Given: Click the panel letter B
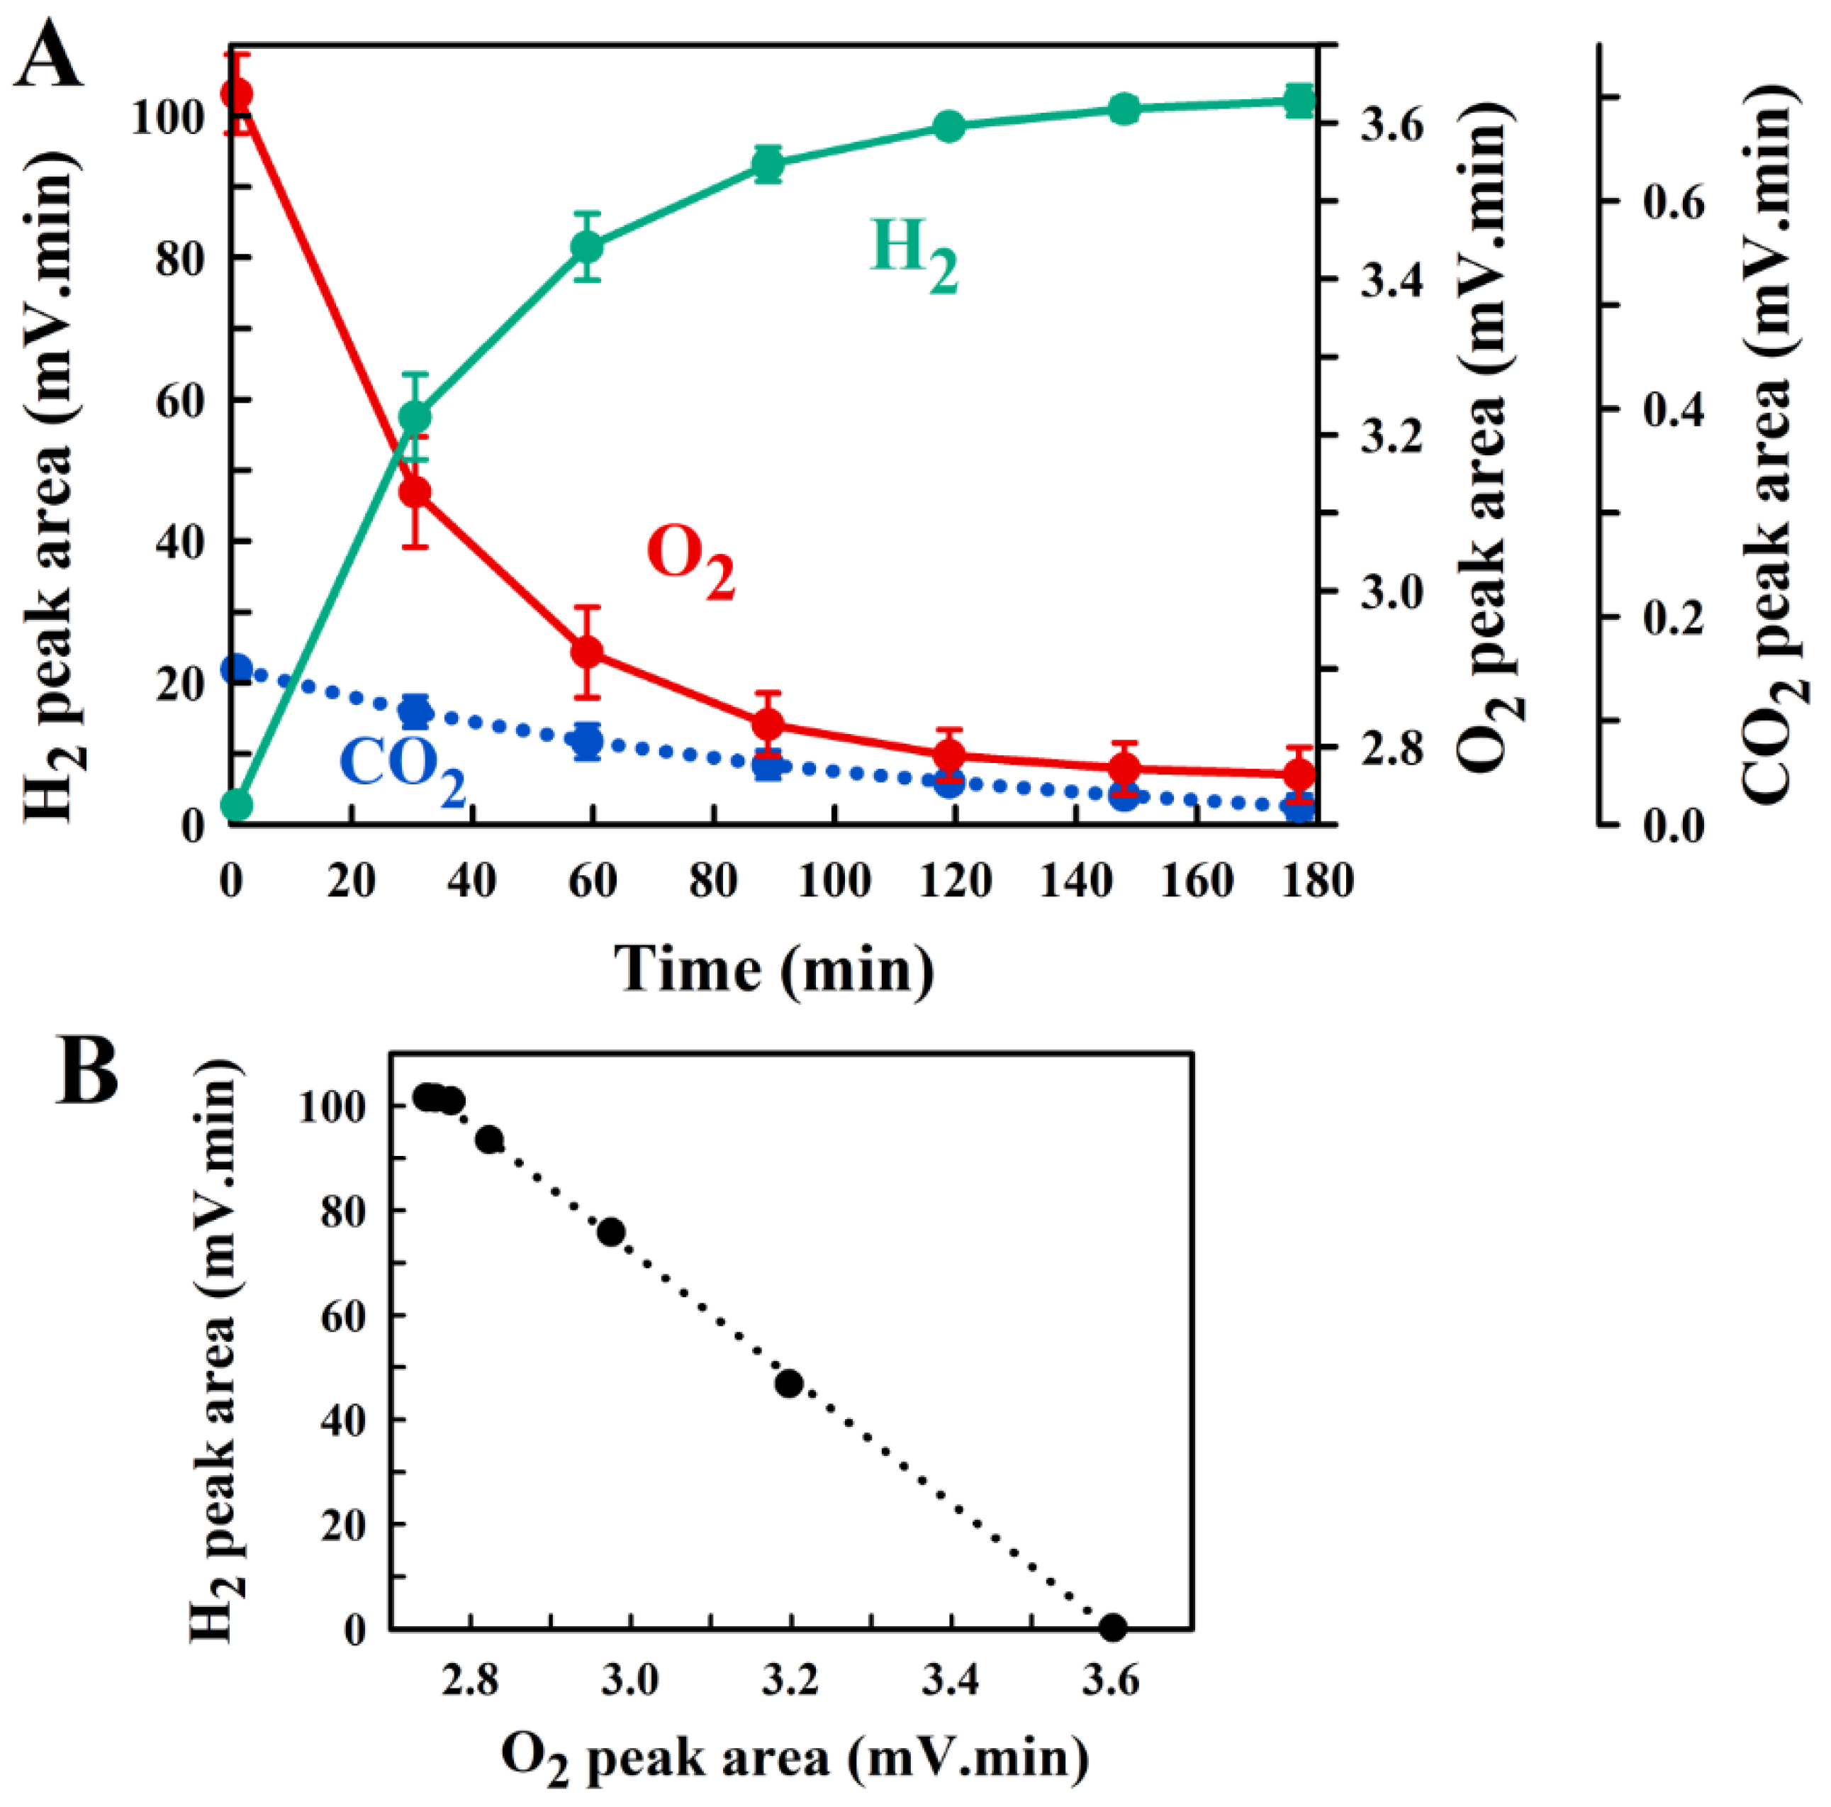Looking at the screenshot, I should tap(87, 1072).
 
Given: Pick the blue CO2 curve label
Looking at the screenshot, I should tap(402, 764).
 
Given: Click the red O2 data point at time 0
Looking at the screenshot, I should tap(237, 94).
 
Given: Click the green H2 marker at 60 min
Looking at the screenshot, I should tap(588, 248).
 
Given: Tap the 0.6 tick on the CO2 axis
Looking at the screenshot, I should tap(1674, 203).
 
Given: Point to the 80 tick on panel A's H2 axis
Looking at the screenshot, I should tap(180, 258).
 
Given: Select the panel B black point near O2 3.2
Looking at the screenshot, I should tap(788, 1384).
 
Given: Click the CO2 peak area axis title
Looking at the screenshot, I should tap(1769, 445).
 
